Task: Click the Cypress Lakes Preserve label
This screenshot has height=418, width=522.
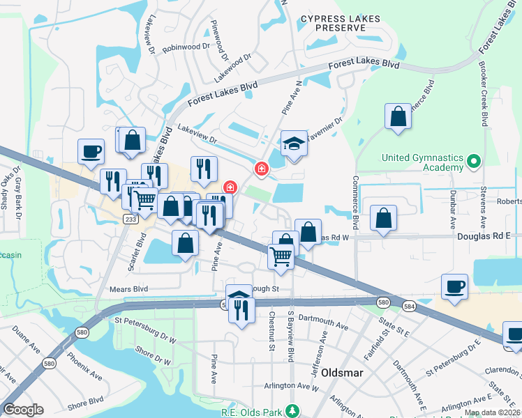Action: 331,22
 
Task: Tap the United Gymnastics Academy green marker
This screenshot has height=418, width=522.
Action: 474,162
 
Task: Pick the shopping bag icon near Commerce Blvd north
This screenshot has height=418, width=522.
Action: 398,117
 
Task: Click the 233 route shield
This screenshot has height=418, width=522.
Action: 130,219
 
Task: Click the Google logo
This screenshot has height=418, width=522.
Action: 24,409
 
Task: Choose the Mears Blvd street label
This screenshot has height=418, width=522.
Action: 128,288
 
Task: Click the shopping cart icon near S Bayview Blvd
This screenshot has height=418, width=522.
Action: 281,256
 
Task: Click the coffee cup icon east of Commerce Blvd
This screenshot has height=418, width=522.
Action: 454,286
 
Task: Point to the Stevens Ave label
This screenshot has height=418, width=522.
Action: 483,207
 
